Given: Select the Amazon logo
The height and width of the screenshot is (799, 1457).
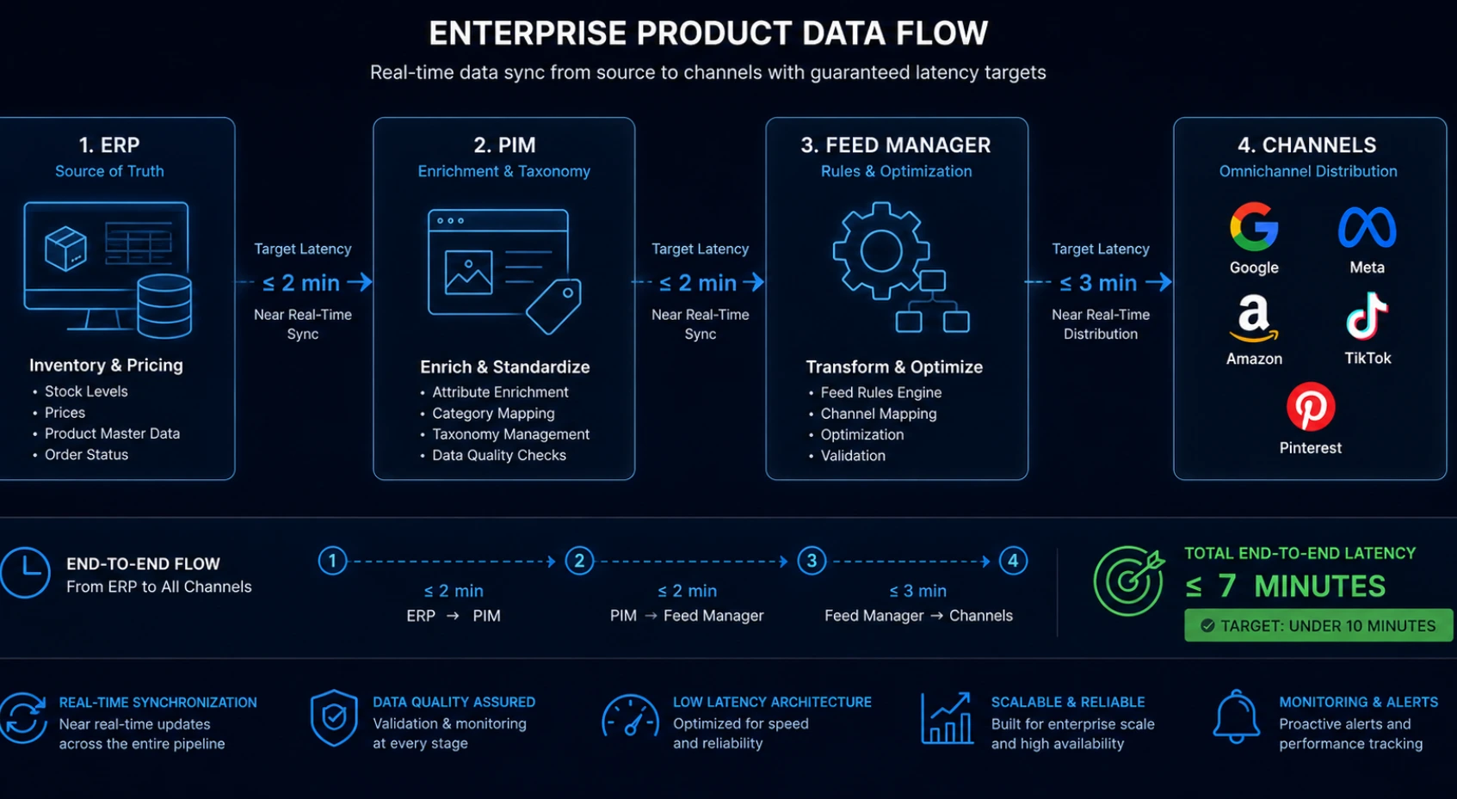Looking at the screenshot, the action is [x=1253, y=318].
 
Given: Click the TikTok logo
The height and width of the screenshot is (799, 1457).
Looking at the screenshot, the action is [x=1367, y=317].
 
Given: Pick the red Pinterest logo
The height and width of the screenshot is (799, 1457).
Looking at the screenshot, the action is [x=1311, y=406].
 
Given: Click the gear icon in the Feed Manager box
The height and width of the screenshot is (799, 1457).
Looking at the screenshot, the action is [x=881, y=251].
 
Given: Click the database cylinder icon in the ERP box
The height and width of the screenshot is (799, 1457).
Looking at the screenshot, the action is [x=164, y=306].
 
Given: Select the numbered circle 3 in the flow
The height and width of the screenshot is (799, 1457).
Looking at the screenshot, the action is [x=812, y=561].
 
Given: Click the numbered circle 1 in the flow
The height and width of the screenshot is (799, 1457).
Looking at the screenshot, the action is [x=332, y=561].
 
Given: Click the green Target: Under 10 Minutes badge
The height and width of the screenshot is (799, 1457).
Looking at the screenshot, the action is [x=1318, y=625].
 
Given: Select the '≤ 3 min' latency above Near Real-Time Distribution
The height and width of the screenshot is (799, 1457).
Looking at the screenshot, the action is [x=1099, y=283].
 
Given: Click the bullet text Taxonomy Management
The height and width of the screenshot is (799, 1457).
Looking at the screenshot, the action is [x=510, y=434].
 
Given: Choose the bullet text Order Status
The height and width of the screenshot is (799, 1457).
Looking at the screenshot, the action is [x=86, y=454].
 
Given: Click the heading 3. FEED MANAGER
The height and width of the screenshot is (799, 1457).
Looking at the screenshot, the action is [x=896, y=145].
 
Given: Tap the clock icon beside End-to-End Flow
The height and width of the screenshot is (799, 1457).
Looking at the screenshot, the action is [x=25, y=573].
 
